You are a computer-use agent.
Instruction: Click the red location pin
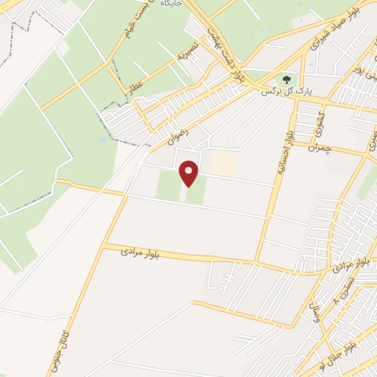point(189,173)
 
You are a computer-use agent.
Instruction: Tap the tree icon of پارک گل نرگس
point(285,78)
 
